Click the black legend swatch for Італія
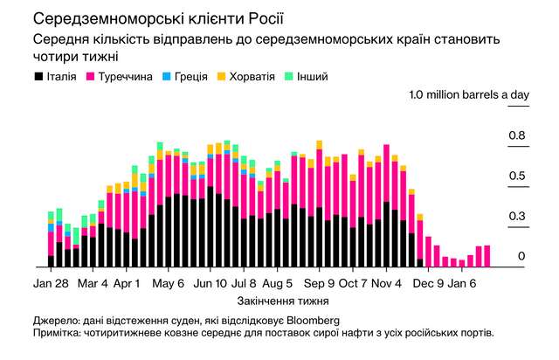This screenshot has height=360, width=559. (38, 77)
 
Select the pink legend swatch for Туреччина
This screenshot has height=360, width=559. (90, 77)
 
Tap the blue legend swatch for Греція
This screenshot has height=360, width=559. (167, 77)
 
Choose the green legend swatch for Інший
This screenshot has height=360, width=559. (289, 77)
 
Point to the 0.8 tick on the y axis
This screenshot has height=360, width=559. (517, 135)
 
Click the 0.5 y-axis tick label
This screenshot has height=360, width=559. (517, 176)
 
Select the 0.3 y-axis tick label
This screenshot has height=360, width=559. (517, 216)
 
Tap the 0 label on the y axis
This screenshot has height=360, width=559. (521, 256)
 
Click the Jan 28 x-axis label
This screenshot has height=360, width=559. (52, 284)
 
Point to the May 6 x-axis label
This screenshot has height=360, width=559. (168, 284)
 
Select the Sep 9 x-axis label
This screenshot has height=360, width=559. (319, 284)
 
